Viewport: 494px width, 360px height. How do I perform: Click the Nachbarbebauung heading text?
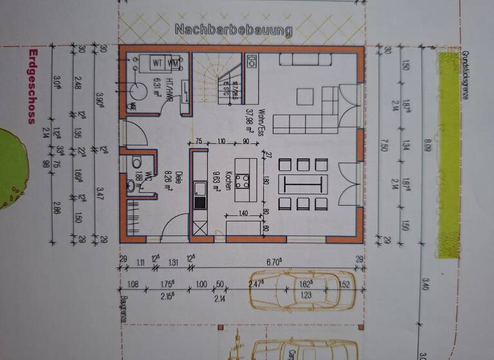233,30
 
